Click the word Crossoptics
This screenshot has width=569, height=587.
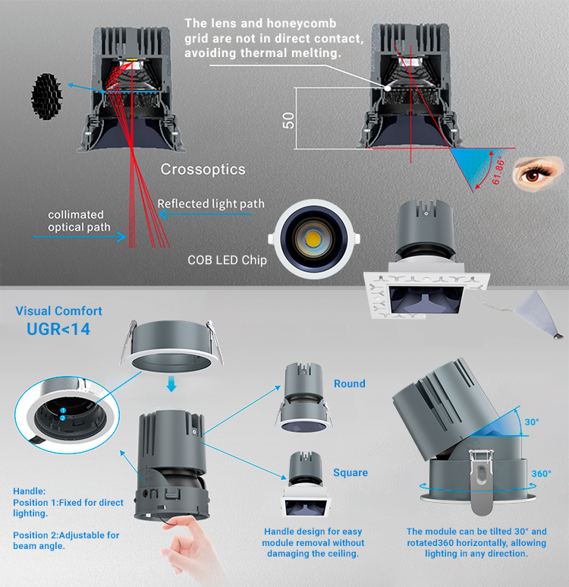pyautogui.click(x=203, y=169)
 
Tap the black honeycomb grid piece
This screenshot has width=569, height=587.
pyautogui.click(x=46, y=96)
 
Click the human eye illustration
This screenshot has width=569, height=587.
pyautogui.click(x=538, y=173)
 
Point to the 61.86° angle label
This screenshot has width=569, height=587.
pyautogui.click(x=498, y=172)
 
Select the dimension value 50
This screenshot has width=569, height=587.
pyautogui.click(x=288, y=121)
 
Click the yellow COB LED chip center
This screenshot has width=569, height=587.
pyautogui.click(x=313, y=238)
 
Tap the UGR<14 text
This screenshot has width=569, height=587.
pyautogui.click(x=58, y=330)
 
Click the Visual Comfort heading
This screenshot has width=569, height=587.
pyautogui.click(x=58, y=311)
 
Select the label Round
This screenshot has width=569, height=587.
pyautogui.click(x=350, y=383)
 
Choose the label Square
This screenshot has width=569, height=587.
pyautogui.click(x=351, y=473)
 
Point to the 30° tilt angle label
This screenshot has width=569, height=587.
pyautogui.click(x=532, y=422)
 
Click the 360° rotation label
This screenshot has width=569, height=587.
pyautogui.click(x=542, y=474)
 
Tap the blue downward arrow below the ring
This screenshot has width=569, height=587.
pyautogui.click(x=171, y=384)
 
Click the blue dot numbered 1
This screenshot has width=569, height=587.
pyautogui.click(x=63, y=411)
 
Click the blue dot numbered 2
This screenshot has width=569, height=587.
pyautogui.click(x=63, y=418)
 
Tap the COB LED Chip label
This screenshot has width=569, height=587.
pyautogui.click(x=227, y=260)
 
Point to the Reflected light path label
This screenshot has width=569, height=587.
pyautogui.click(x=211, y=204)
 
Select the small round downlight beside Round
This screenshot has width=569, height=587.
pyautogui.click(x=303, y=398)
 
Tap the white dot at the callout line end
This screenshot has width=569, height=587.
pyautogui.click(x=388, y=88)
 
